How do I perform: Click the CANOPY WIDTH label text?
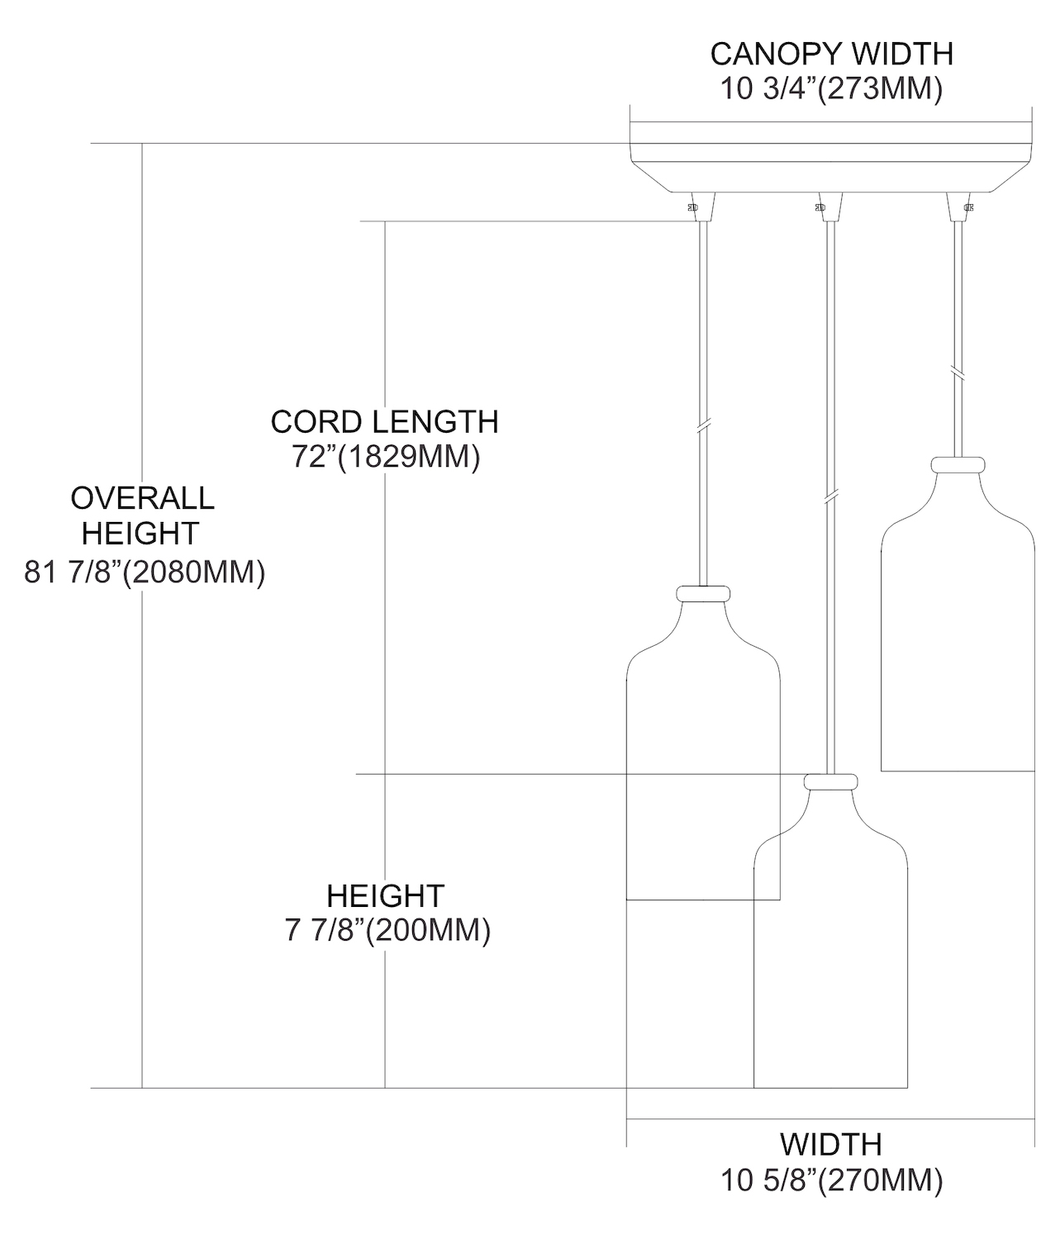pos(831,54)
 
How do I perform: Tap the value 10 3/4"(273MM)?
pos(831,88)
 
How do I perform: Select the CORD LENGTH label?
pos(384,422)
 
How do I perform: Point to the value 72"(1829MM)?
pos(386,458)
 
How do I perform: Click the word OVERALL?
pos(143,498)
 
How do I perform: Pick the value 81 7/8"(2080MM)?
pos(145,572)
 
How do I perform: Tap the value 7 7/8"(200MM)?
pos(387,931)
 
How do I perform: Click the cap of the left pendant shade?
pos(703,593)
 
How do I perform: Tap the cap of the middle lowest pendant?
pos(830,781)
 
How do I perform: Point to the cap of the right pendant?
pos(958,464)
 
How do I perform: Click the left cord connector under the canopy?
pos(702,207)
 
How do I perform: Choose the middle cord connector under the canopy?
pos(829,207)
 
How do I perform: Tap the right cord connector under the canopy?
pos(958,207)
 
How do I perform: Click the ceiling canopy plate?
pos(831,159)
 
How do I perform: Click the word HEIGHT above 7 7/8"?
pos(386,896)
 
